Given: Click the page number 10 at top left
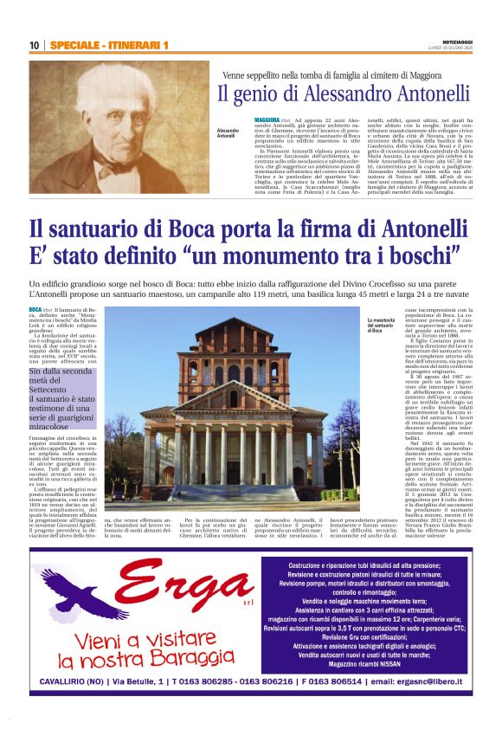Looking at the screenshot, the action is click(x=34, y=45).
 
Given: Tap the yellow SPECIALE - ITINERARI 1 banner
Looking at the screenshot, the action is click(x=108, y=45).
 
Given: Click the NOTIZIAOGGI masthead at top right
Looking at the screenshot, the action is click(x=454, y=41).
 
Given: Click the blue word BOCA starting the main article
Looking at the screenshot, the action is click(x=35, y=309).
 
